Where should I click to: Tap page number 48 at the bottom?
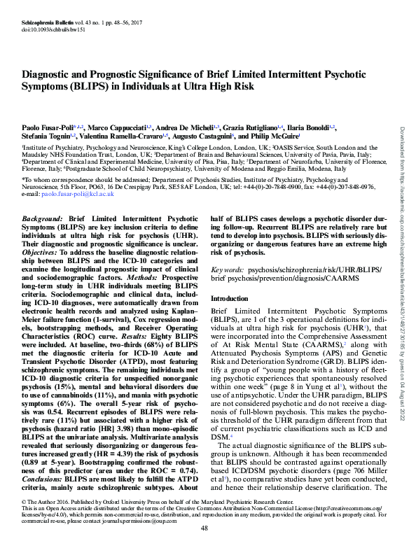207,529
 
